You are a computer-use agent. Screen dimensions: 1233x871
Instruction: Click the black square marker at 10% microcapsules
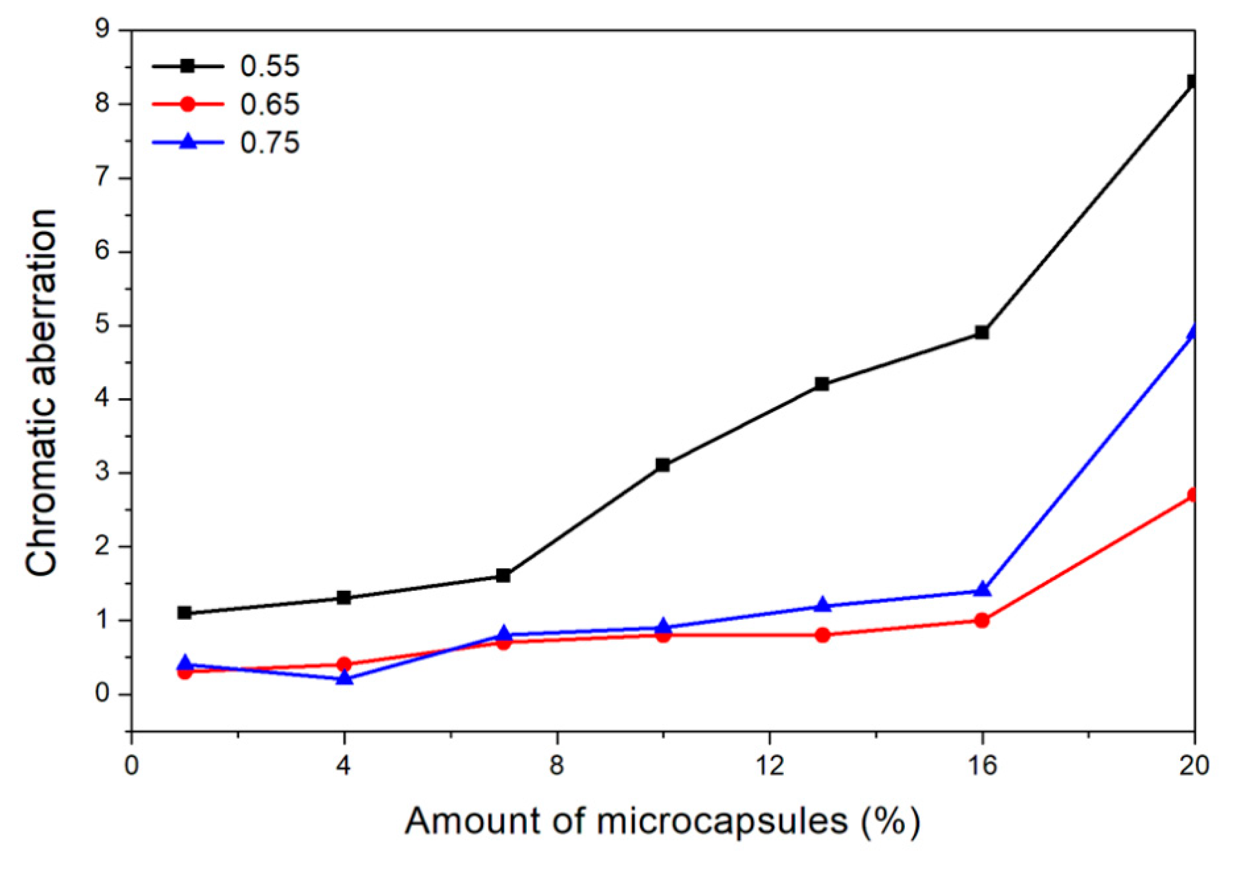[663, 465]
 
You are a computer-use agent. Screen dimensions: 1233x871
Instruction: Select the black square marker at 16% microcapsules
[982, 332]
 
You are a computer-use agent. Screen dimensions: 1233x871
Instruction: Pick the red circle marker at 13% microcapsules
[822, 635]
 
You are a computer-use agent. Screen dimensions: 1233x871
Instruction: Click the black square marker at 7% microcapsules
[503, 576]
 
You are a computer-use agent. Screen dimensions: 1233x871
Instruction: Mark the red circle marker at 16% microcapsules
[982, 620]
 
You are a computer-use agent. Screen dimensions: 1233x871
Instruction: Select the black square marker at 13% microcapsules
[822, 384]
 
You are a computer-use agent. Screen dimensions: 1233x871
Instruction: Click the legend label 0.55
[270, 66]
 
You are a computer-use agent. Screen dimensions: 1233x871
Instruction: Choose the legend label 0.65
[270, 104]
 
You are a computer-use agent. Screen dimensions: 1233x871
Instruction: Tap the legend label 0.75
[270, 143]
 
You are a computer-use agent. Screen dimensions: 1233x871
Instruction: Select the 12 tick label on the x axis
[770, 765]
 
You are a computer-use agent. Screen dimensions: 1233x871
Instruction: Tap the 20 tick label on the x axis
[1194, 765]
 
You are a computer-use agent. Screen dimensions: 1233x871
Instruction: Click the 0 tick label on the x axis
[131, 765]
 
